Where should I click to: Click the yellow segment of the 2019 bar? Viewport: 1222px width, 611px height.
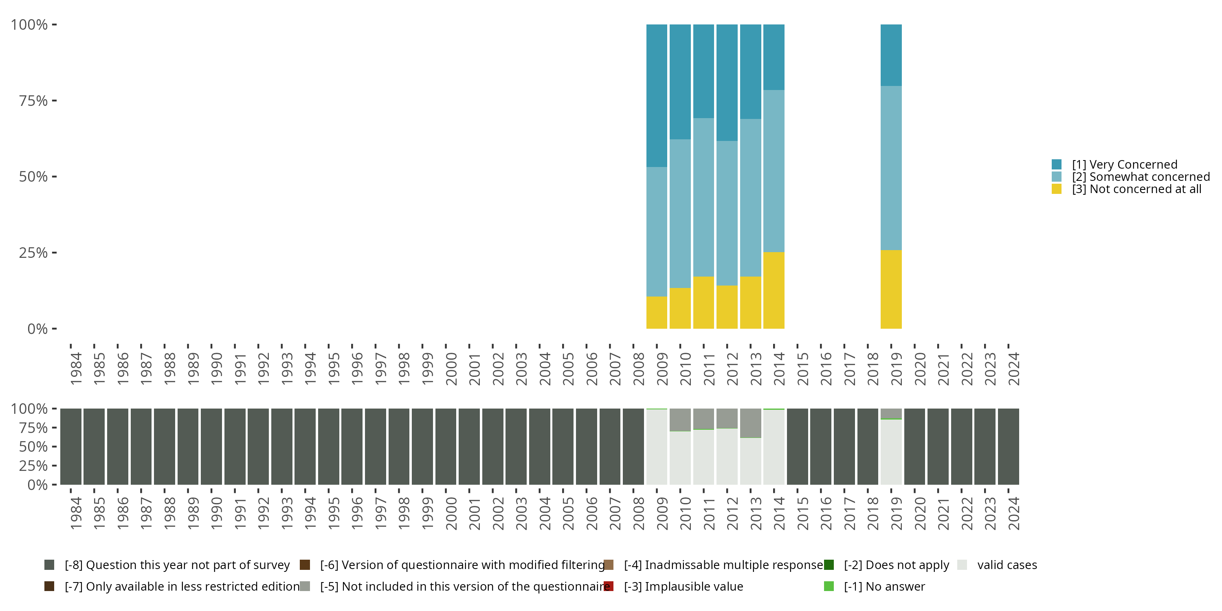click(x=891, y=289)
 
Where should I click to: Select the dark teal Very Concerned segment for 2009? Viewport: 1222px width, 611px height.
click(x=657, y=95)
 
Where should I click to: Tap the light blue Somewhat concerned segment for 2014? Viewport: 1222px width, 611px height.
click(x=774, y=171)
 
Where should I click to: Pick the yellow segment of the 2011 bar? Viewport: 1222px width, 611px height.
click(x=703, y=303)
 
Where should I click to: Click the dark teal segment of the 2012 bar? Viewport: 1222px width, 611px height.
click(x=727, y=83)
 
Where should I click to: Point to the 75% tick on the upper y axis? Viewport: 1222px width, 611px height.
click(x=55, y=101)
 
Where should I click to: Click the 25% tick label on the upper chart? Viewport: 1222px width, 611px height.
click(x=33, y=253)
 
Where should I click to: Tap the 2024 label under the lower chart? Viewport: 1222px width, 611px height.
click(x=1013, y=513)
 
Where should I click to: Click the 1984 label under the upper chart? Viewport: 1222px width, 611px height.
click(x=75, y=369)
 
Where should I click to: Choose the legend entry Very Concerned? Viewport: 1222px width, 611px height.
click(x=1125, y=165)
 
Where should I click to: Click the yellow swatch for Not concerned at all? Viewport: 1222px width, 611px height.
click(x=1057, y=189)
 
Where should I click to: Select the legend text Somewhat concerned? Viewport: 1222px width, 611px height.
click(x=1141, y=177)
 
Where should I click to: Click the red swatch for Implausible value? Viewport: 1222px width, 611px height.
click(x=609, y=586)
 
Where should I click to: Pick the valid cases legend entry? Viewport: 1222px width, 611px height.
click(x=1007, y=565)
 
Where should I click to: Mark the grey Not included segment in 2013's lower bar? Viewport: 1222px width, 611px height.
click(x=750, y=423)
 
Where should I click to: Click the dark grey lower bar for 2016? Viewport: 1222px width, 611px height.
click(x=821, y=446)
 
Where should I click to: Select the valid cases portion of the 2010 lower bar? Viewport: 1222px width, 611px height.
click(x=680, y=458)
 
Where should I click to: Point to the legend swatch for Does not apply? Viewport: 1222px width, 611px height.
click(x=829, y=565)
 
